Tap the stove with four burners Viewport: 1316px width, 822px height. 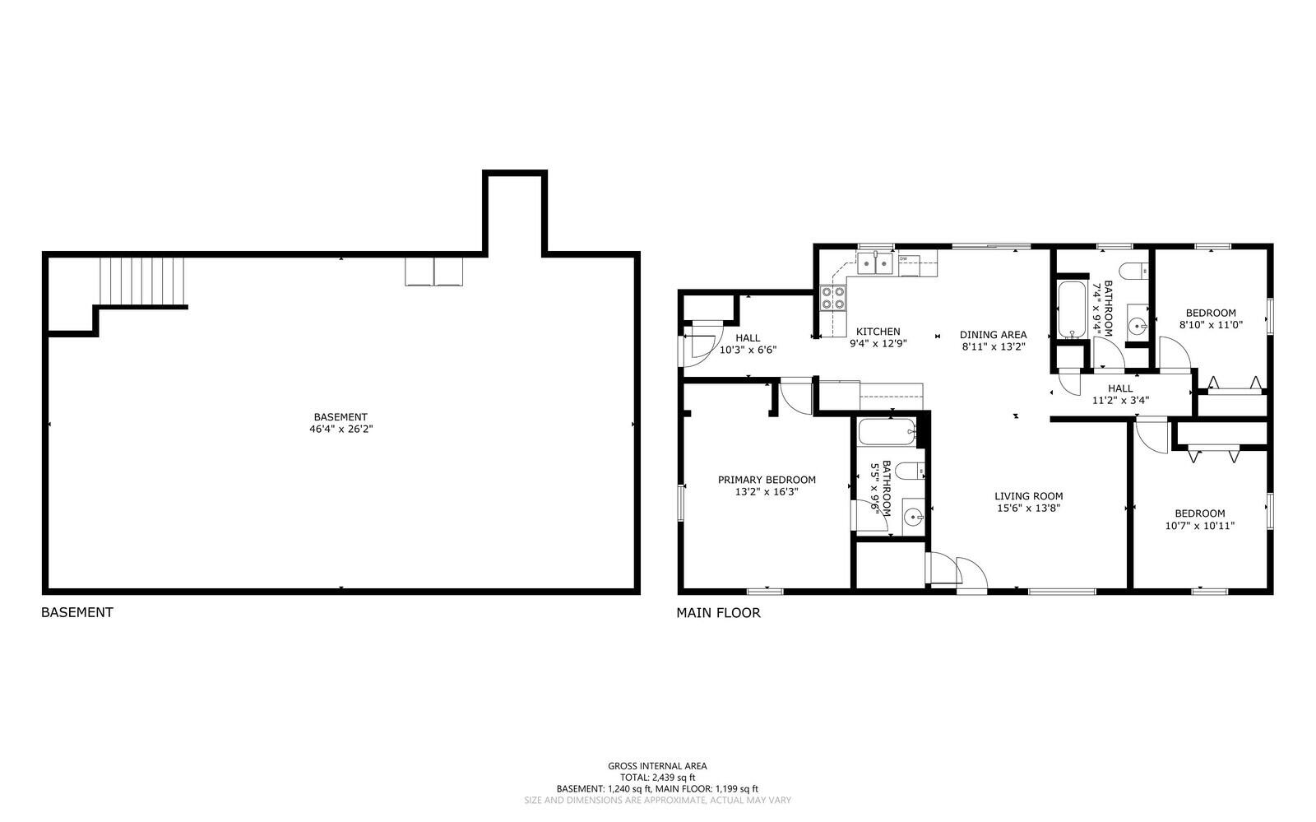(x=832, y=298)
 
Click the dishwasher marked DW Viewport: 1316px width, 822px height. (x=908, y=263)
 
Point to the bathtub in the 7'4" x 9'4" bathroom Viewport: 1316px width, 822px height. (x=1072, y=309)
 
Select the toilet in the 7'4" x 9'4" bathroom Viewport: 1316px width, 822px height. (x=1136, y=270)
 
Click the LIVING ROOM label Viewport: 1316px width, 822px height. (x=1028, y=496)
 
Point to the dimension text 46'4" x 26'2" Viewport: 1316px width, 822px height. (x=341, y=429)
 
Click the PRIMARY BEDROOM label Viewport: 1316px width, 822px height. (x=767, y=480)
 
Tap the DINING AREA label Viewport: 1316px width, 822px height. (x=993, y=335)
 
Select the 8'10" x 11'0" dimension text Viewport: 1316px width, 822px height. (x=1210, y=324)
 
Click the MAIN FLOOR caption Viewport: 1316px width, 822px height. (x=718, y=612)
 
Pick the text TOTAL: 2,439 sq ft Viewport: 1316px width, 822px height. (x=657, y=777)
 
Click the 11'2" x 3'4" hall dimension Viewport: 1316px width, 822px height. (x=1119, y=401)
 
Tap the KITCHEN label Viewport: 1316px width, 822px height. (x=878, y=332)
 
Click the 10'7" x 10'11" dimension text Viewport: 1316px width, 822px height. (x=1199, y=526)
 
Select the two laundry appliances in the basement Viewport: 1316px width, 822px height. (x=433, y=272)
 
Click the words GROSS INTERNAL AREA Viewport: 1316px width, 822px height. (x=657, y=766)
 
